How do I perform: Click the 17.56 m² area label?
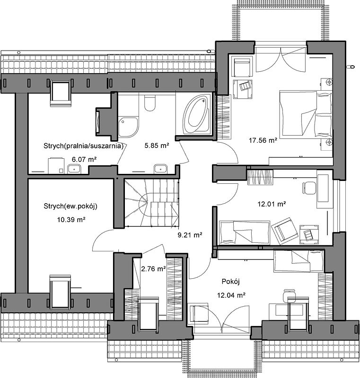(263, 140)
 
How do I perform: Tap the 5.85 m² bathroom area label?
(157, 146)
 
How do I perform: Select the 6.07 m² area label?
(84, 159)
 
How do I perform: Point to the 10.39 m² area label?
(71, 219)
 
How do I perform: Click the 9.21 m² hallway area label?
(190, 234)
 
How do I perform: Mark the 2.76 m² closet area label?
(153, 268)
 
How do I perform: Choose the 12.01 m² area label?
(272, 204)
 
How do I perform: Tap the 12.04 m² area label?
(231, 295)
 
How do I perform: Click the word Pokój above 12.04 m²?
(231, 282)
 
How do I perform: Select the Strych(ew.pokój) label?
(70, 206)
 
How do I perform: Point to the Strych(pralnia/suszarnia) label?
(83, 146)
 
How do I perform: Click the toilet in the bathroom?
(149, 103)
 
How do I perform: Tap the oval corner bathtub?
(195, 114)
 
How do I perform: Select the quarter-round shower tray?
(128, 127)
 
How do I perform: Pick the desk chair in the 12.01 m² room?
(309, 188)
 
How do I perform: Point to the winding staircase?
(151, 203)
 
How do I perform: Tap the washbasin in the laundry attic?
(74, 169)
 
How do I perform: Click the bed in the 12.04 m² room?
(299, 261)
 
